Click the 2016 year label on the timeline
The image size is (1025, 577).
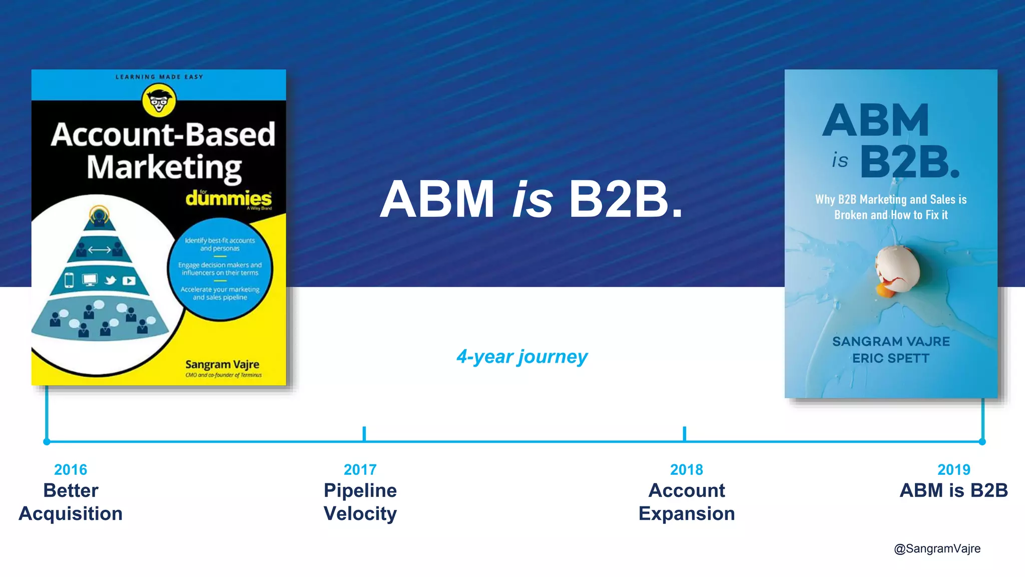(x=71, y=470)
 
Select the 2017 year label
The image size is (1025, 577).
(x=360, y=470)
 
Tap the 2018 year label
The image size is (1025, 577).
(x=686, y=470)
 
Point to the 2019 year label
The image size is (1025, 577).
(x=953, y=470)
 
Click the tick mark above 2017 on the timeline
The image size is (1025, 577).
(x=364, y=433)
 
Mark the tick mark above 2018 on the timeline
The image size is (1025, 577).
(x=684, y=433)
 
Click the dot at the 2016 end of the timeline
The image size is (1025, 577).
(x=47, y=442)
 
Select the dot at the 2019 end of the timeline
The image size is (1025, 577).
(x=982, y=442)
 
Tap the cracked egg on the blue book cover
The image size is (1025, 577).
(x=898, y=271)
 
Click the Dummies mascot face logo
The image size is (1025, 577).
(x=159, y=100)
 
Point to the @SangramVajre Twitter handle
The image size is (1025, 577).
(x=937, y=548)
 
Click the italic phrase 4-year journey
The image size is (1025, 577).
(x=522, y=357)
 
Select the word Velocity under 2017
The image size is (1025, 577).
(x=360, y=514)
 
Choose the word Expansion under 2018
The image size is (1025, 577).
(x=686, y=514)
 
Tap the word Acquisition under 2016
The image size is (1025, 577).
(x=71, y=514)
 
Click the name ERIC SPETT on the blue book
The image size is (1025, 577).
(x=891, y=359)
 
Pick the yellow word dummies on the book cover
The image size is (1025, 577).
(x=229, y=198)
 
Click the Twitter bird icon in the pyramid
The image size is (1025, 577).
(x=110, y=280)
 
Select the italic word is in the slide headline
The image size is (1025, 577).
(x=532, y=200)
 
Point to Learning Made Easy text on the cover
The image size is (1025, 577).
(x=159, y=77)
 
